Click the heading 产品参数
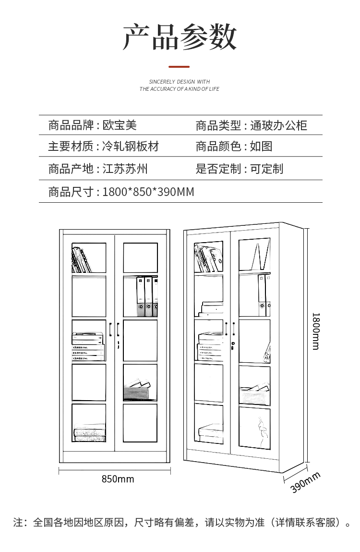[180, 37]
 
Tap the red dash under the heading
[179, 66]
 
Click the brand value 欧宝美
[120, 125]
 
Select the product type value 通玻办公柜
[279, 125]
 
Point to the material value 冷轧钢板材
[131, 146]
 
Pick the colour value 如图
[261, 146]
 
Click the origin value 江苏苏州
[125, 169]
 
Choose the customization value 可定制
[267, 169]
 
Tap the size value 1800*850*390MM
[148, 192]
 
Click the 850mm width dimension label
[118, 479]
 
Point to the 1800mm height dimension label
[316, 331]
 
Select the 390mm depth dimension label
[305, 482]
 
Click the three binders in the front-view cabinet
[147, 297]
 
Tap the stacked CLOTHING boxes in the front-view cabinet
[88, 347]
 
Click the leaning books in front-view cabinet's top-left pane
[81, 260]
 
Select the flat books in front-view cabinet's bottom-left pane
[90, 433]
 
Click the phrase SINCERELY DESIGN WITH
[180, 82]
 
